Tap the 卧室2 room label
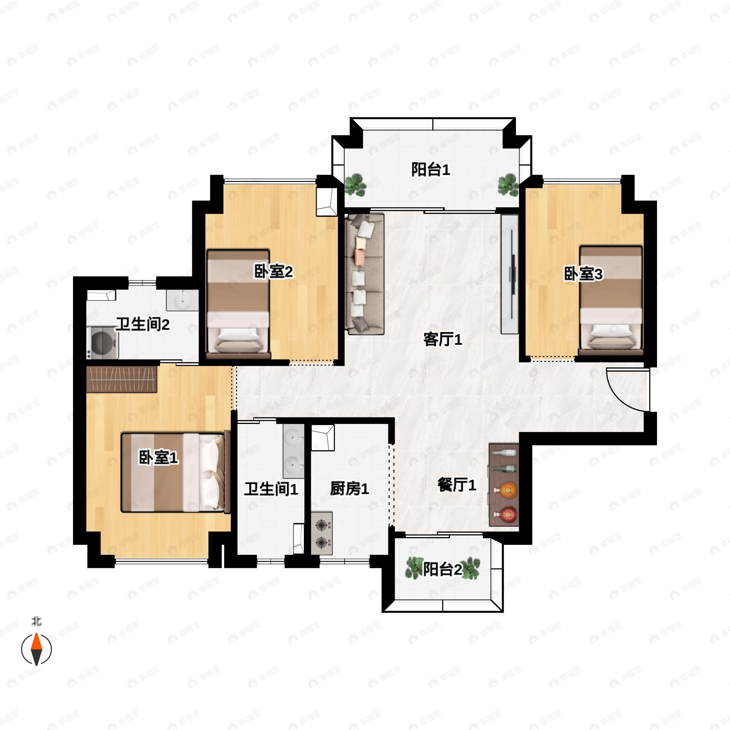273,272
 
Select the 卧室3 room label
583,274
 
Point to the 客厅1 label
443,339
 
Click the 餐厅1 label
457,485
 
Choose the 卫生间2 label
142,324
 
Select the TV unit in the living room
510,274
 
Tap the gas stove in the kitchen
322,534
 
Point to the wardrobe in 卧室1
121,379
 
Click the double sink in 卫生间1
294,451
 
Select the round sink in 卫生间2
182,301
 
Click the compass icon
36,649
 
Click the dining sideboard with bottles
504,485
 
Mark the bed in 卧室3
610,301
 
